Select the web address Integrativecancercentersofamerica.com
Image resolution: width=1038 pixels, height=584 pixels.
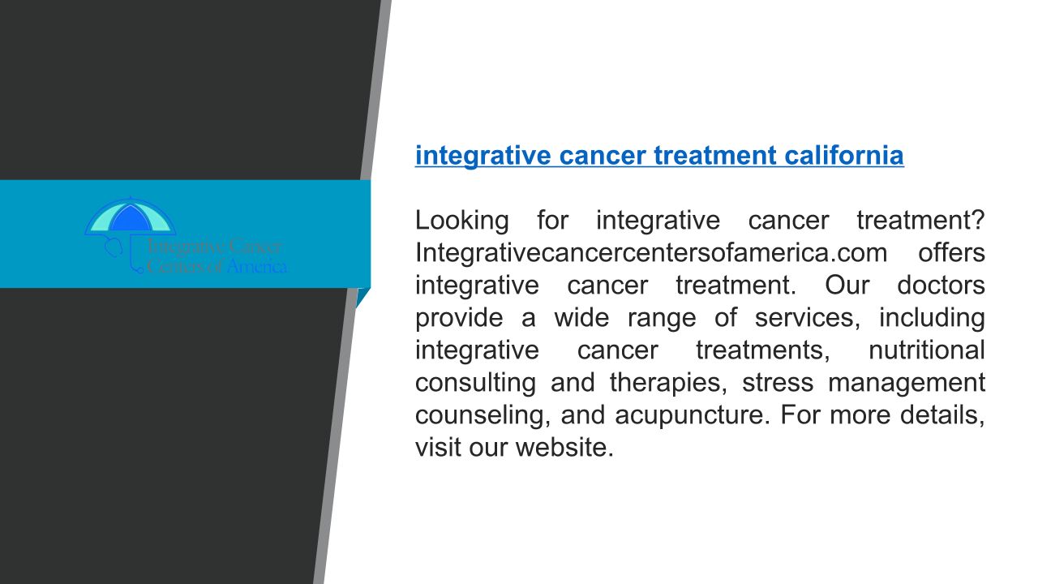[651, 253]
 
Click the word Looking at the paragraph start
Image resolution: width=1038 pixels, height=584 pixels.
[461, 221]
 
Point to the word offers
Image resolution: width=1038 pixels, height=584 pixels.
[951, 253]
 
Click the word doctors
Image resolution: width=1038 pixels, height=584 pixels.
[941, 286]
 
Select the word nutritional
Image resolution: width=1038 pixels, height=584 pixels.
[927, 350]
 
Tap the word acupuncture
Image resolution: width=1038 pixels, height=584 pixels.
[693, 416]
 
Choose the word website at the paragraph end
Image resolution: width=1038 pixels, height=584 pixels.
[564, 448]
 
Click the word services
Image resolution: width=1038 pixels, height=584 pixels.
[807, 319]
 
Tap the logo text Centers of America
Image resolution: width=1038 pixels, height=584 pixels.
[217, 267]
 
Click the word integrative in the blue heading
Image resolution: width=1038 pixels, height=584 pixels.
[483, 157]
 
